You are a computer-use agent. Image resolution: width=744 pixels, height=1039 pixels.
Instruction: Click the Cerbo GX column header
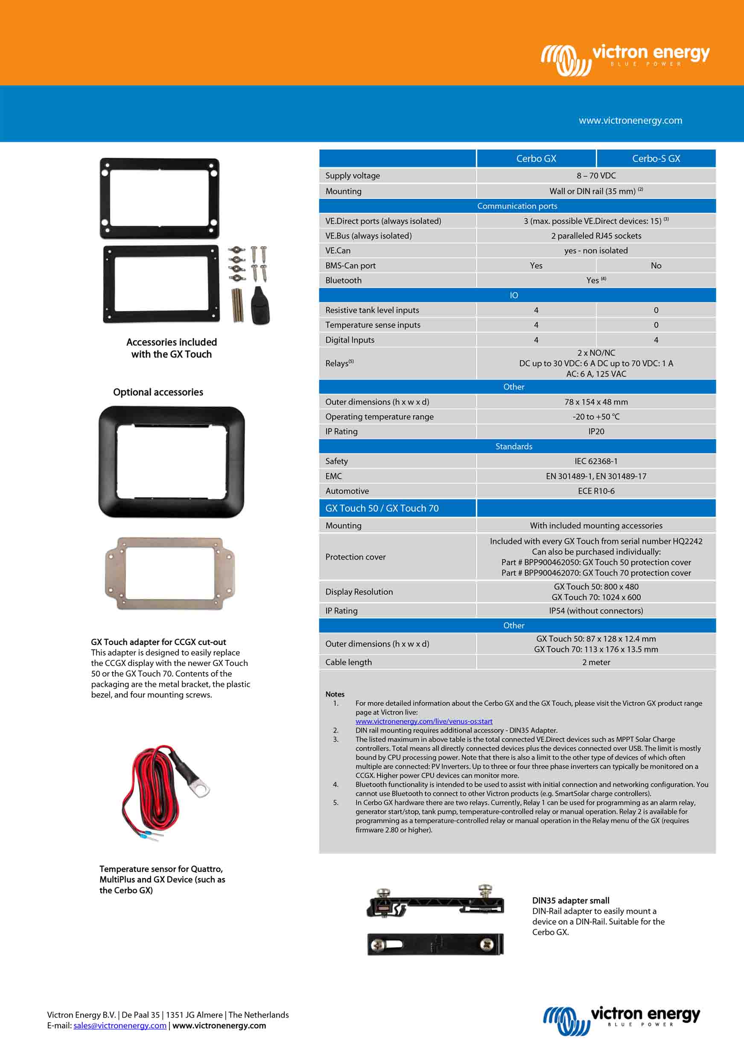coord(536,158)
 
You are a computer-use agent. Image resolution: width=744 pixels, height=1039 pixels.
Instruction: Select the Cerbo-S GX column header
coord(656,158)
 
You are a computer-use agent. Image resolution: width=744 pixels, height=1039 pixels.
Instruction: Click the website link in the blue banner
coord(630,120)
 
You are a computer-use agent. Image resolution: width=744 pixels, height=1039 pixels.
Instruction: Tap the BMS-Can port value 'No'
coord(656,266)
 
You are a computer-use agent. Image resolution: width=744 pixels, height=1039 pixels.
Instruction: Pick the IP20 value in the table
coord(595,432)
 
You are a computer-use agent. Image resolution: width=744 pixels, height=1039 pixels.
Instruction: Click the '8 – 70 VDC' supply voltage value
coord(595,175)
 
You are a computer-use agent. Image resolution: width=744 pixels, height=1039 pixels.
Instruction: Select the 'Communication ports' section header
coord(517,206)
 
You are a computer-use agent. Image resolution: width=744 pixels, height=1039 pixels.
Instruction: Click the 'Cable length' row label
coord(348,662)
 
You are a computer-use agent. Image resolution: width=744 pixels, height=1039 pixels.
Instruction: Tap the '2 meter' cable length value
coord(595,662)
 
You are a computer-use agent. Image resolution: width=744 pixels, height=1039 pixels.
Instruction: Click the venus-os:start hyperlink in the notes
coord(424,721)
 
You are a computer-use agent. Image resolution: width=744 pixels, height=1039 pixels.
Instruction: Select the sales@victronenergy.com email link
coord(120,1025)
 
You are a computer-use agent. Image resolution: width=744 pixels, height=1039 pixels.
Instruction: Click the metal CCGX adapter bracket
coord(169,574)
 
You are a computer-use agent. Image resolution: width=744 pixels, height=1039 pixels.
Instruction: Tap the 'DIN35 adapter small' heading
coord(570,900)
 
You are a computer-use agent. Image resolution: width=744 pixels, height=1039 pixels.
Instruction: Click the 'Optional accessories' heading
coord(158,392)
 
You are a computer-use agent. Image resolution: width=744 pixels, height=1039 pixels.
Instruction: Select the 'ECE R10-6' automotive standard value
coord(595,491)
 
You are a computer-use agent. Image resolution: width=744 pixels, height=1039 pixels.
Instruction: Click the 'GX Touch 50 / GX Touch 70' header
coord(382,508)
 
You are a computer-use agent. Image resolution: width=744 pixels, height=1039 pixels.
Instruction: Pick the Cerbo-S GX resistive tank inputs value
coord(656,310)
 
